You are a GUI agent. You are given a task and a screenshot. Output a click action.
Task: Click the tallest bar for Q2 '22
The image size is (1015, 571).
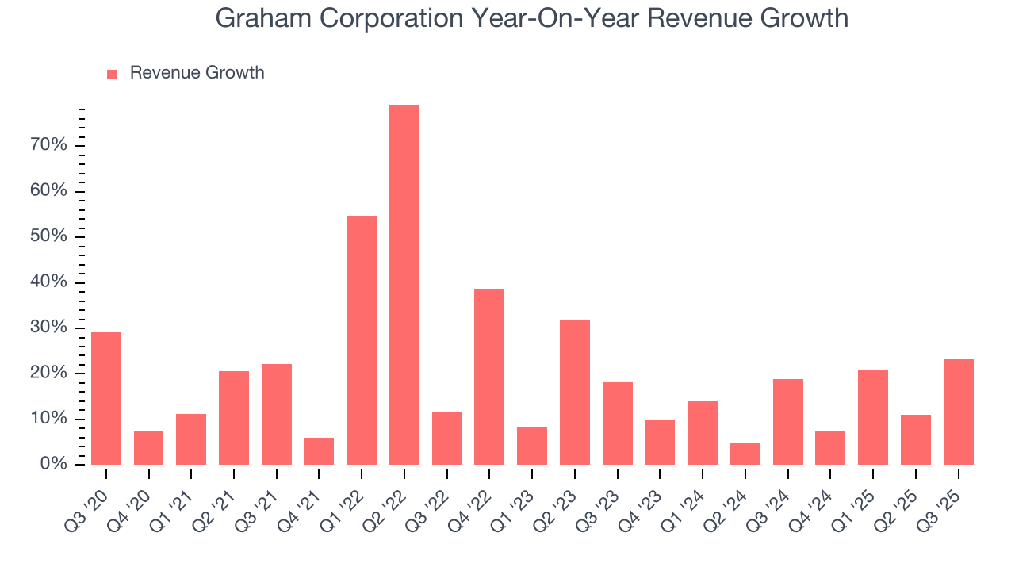tap(404, 285)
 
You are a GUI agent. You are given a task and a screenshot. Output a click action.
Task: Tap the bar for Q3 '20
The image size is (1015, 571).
tap(106, 398)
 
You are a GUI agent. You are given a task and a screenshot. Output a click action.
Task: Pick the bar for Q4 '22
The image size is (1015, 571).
tap(489, 377)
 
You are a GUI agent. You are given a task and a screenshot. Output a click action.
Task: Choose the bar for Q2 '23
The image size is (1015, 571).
tap(574, 392)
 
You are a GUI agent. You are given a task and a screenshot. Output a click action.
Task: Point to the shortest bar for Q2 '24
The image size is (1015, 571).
tap(745, 453)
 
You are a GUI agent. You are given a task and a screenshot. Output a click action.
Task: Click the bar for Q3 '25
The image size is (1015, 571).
tap(958, 412)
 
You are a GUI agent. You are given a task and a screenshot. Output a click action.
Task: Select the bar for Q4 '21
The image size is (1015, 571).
tap(319, 450)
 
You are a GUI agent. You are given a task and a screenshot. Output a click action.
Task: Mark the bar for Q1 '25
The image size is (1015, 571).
tap(873, 416)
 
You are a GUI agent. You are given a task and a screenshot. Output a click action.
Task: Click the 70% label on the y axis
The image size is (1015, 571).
tap(48, 145)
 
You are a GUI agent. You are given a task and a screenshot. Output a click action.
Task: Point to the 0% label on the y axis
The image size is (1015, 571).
tap(53, 464)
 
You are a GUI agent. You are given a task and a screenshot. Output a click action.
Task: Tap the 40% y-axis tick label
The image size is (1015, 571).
tap(48, 282)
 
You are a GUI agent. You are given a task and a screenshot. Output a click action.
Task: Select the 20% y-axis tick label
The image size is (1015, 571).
tap(48, 374)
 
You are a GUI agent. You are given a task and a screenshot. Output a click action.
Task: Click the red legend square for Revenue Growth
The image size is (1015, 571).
tap(112, 74)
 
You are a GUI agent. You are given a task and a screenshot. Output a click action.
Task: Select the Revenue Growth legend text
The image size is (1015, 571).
tap(197, 73)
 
